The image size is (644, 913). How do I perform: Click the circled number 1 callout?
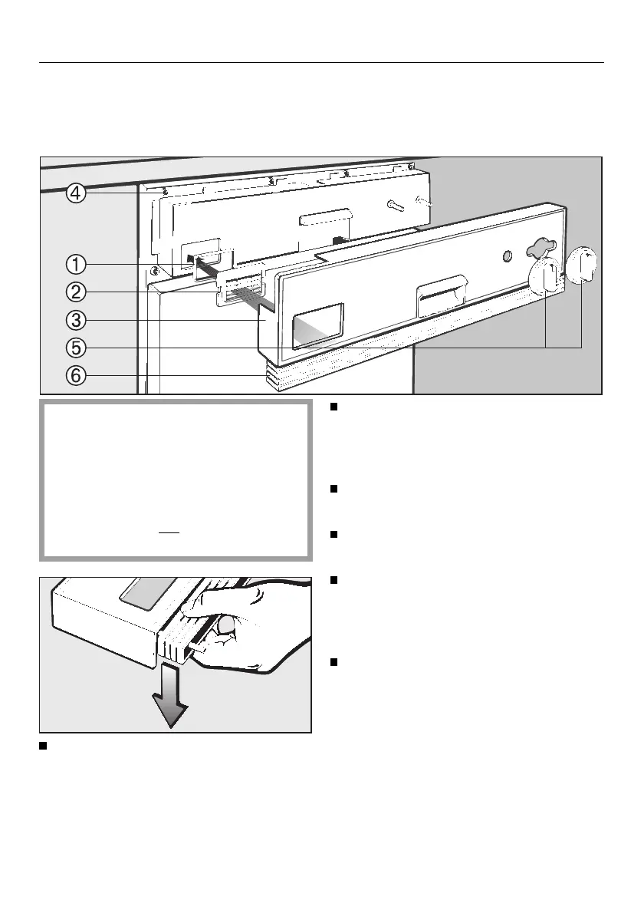pos(75,265)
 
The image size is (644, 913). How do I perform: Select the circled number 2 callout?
pos(75,292)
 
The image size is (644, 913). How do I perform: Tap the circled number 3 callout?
pos(75,319)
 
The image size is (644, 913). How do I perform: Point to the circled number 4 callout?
pos(75,193)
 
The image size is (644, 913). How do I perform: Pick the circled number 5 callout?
pos(75,348)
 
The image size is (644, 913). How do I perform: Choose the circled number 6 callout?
pos(75,376)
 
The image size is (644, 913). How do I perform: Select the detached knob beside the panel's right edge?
pos(583,265)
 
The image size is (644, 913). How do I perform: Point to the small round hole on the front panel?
pos(506,254)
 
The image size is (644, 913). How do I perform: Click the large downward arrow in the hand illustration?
pos(170,703)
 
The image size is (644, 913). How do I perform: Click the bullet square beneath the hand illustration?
pos(44,746)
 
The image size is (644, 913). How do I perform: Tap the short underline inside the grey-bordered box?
pos(169,531)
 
